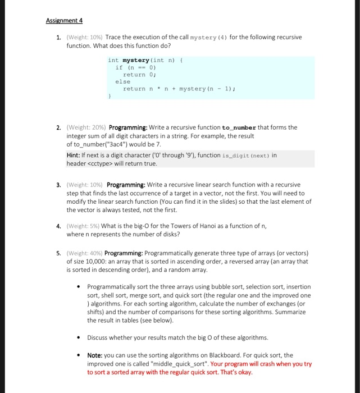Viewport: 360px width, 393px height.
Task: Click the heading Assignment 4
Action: pos(64,21)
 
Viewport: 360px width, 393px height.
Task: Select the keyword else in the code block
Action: pos(122,81)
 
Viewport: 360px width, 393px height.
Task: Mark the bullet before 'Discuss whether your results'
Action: pos(78,338)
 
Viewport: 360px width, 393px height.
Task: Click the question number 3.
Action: pos(58,185)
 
